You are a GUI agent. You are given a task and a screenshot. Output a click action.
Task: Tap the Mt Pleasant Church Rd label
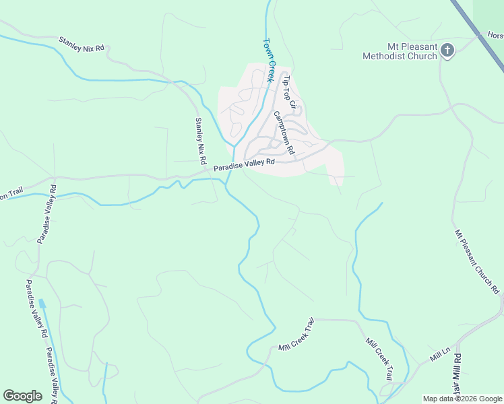click(x=478, y=261)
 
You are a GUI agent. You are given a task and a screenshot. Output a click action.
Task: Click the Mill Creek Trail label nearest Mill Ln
click(x=379, y=360)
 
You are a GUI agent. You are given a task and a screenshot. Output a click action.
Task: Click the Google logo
click(x=23, y=396)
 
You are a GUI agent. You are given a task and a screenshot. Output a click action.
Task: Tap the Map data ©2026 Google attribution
click(x=462, y=399)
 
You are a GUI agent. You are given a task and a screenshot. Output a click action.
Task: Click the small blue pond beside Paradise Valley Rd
click(x=42, y=304)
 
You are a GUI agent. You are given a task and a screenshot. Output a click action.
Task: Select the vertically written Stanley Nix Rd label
click(x=200, y=142)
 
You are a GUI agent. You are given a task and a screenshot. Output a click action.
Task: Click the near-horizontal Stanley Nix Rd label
click(x=82, y=44)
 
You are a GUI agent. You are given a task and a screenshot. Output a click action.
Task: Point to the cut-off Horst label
click(x=495, y=35)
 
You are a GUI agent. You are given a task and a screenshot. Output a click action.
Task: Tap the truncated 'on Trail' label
click(x=11, y=195)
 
